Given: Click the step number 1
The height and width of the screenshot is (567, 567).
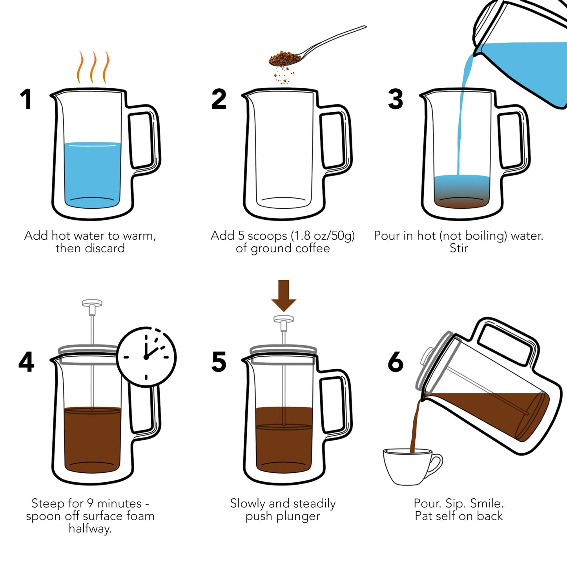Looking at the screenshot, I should pyautogui.click(x=26, y=99).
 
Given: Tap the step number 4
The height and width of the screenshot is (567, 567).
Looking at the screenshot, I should pyautogui.click(x=26, y=362).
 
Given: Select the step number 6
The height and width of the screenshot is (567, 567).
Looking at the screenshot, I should pyautogui.click(x=395, y=362).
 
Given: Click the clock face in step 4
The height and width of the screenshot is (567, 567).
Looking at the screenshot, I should pyautogui.click(x=146, y=357).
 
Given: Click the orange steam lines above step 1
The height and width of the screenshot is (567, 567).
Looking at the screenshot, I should pyautogui.click(x=93, y=67).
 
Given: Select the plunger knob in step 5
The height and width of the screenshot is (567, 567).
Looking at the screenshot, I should pyautogui.click(x=284, y=319).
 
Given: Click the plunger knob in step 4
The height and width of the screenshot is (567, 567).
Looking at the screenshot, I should pyautogui.click(x=92, y=303).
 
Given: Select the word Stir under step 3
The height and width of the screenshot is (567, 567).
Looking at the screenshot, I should pyautogui.click(x=458, y=248).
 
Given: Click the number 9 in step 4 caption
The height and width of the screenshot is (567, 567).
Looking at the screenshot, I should pyautogui.click(x=90, y=503).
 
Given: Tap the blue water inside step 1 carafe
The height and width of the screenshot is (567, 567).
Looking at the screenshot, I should pyautogui.click(x=93, y=173).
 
